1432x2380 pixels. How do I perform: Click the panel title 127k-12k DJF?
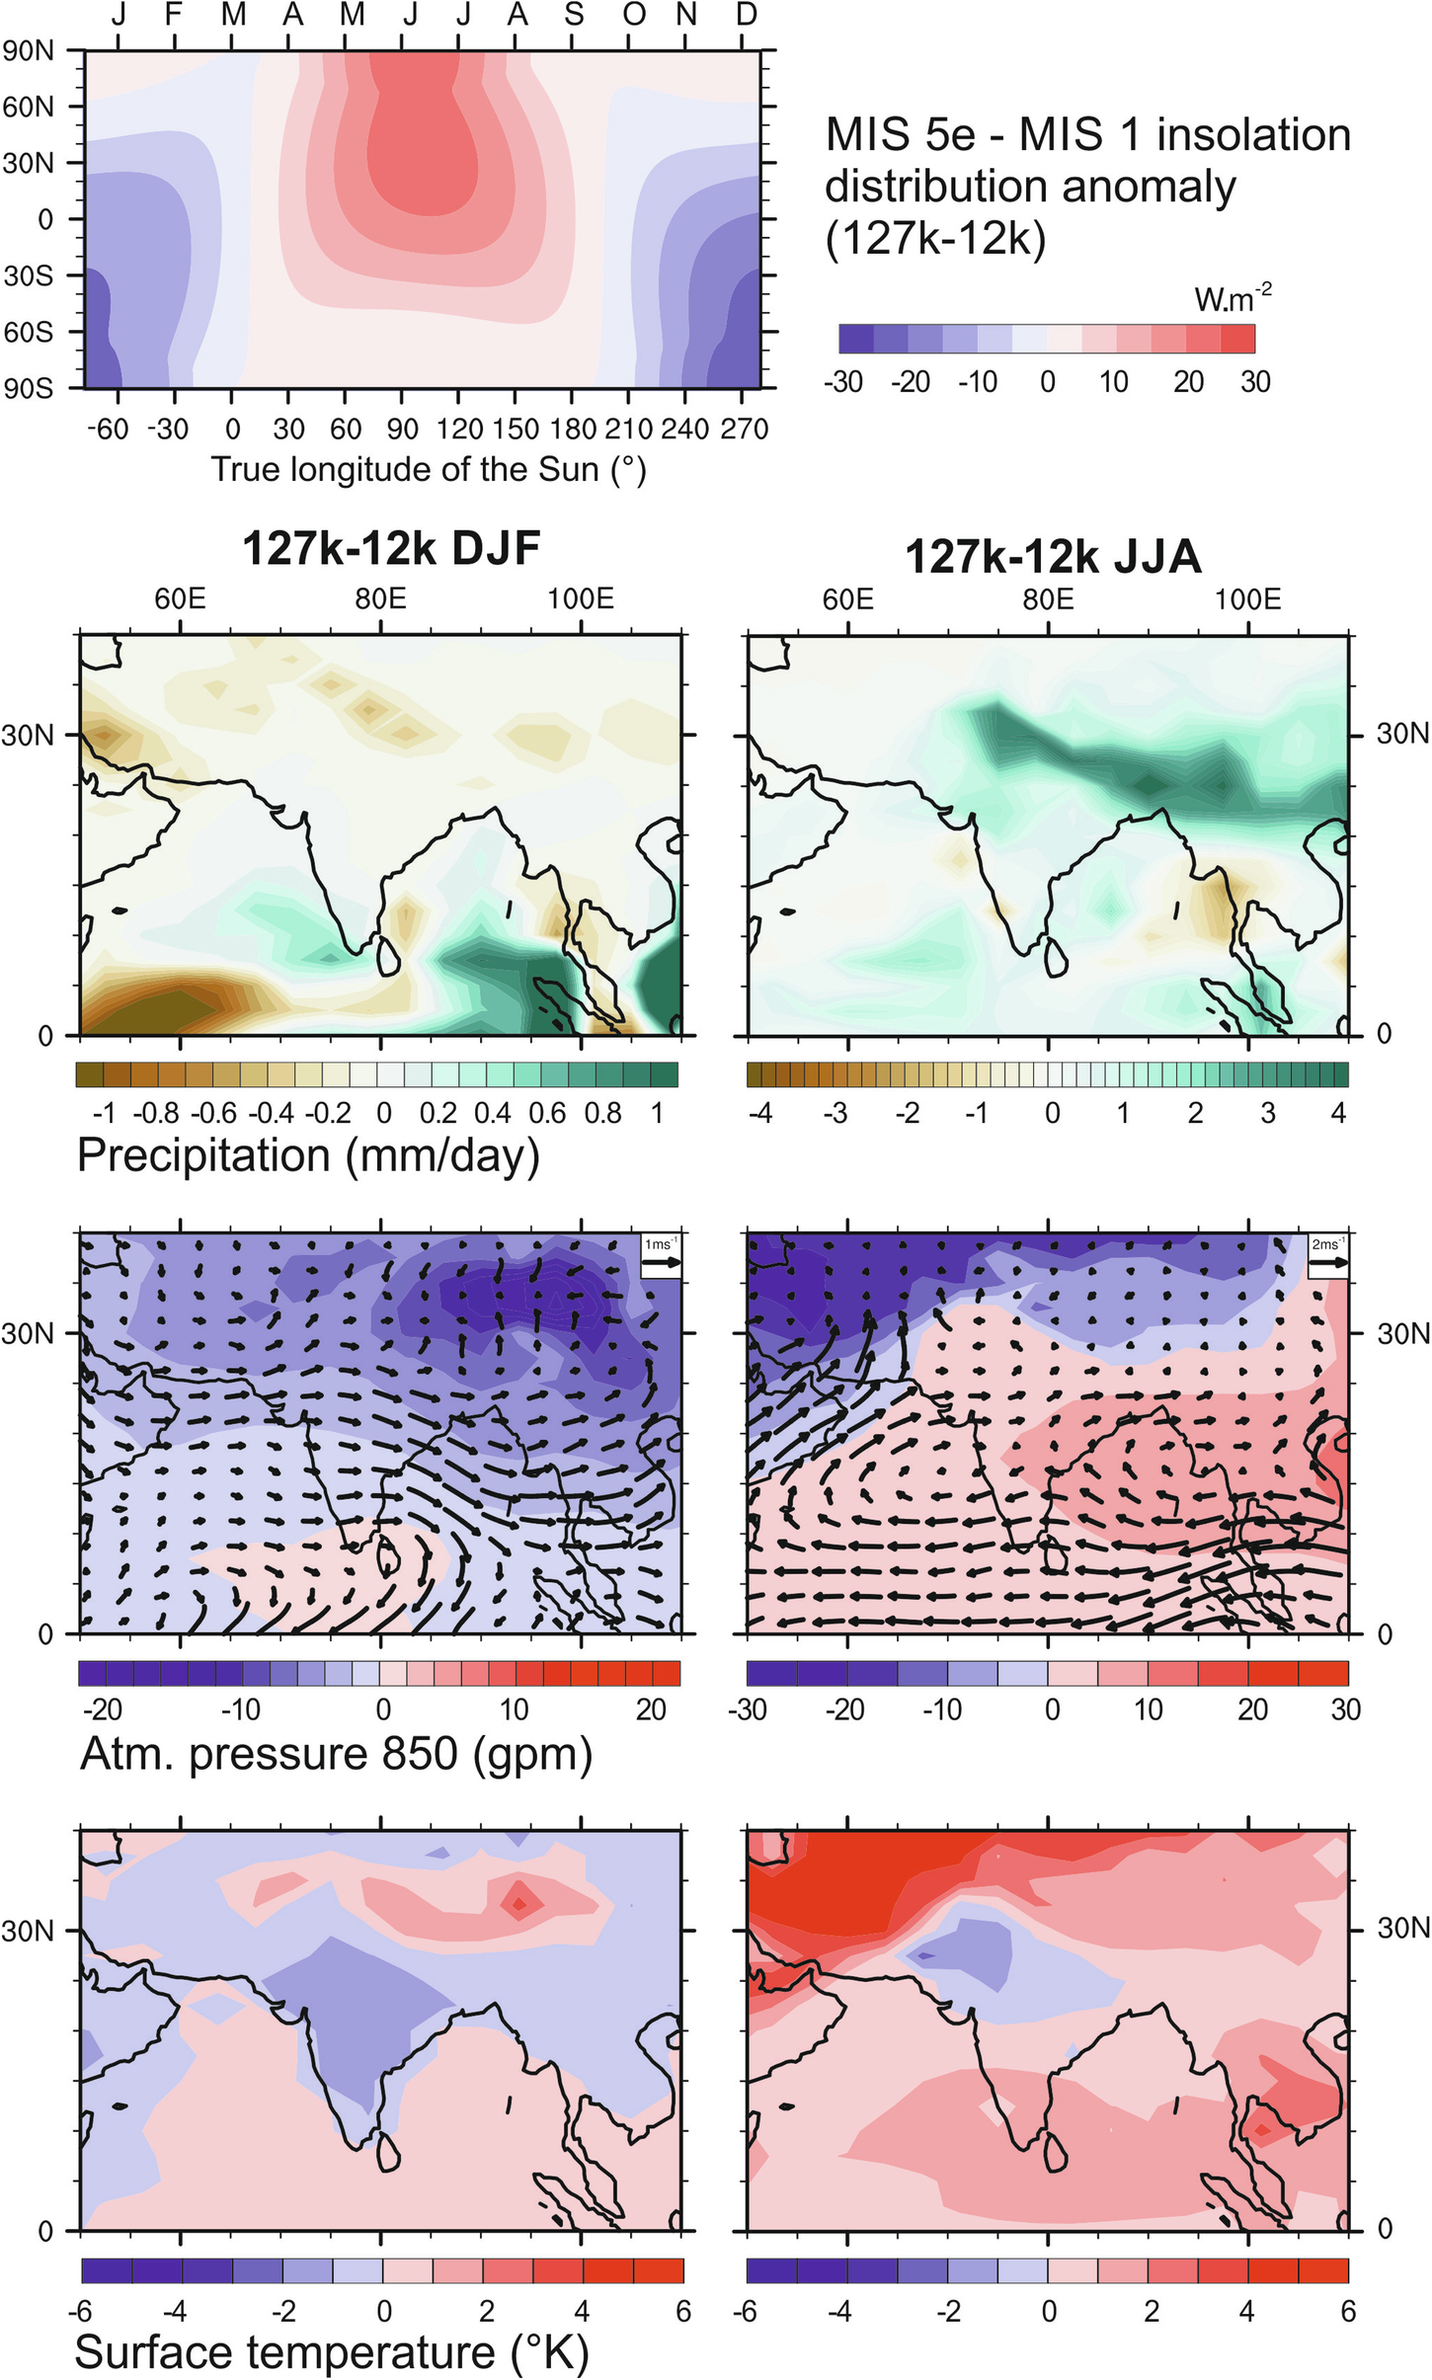tap(391, 548)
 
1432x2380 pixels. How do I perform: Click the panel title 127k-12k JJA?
tap(1053, 557)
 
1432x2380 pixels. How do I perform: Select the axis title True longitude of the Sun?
tap(429, 469)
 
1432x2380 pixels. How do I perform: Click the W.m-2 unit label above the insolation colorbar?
tap(1233, 298)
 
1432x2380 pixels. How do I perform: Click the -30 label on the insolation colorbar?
tap(843, 381)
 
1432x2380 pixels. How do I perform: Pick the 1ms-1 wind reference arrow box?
tap(661, 1255)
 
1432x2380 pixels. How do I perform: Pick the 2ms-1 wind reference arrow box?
tap(1327, 1255)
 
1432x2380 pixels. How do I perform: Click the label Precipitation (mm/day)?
tap(308, 1155)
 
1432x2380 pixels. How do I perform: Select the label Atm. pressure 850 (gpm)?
tap(336, 1753)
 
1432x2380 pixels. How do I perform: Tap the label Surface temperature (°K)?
tap(332, 2351)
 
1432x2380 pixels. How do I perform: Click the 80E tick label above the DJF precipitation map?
tap(380, 598)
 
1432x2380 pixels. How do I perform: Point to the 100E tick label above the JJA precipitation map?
tap(1247, 598)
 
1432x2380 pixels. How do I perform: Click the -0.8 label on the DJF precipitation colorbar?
tap(156, 1113)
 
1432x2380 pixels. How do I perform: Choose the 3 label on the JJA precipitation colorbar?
tap(1268, 1113)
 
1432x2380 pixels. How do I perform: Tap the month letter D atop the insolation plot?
tap(747, 14)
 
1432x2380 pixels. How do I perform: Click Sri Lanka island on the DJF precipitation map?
tap(388, 953)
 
